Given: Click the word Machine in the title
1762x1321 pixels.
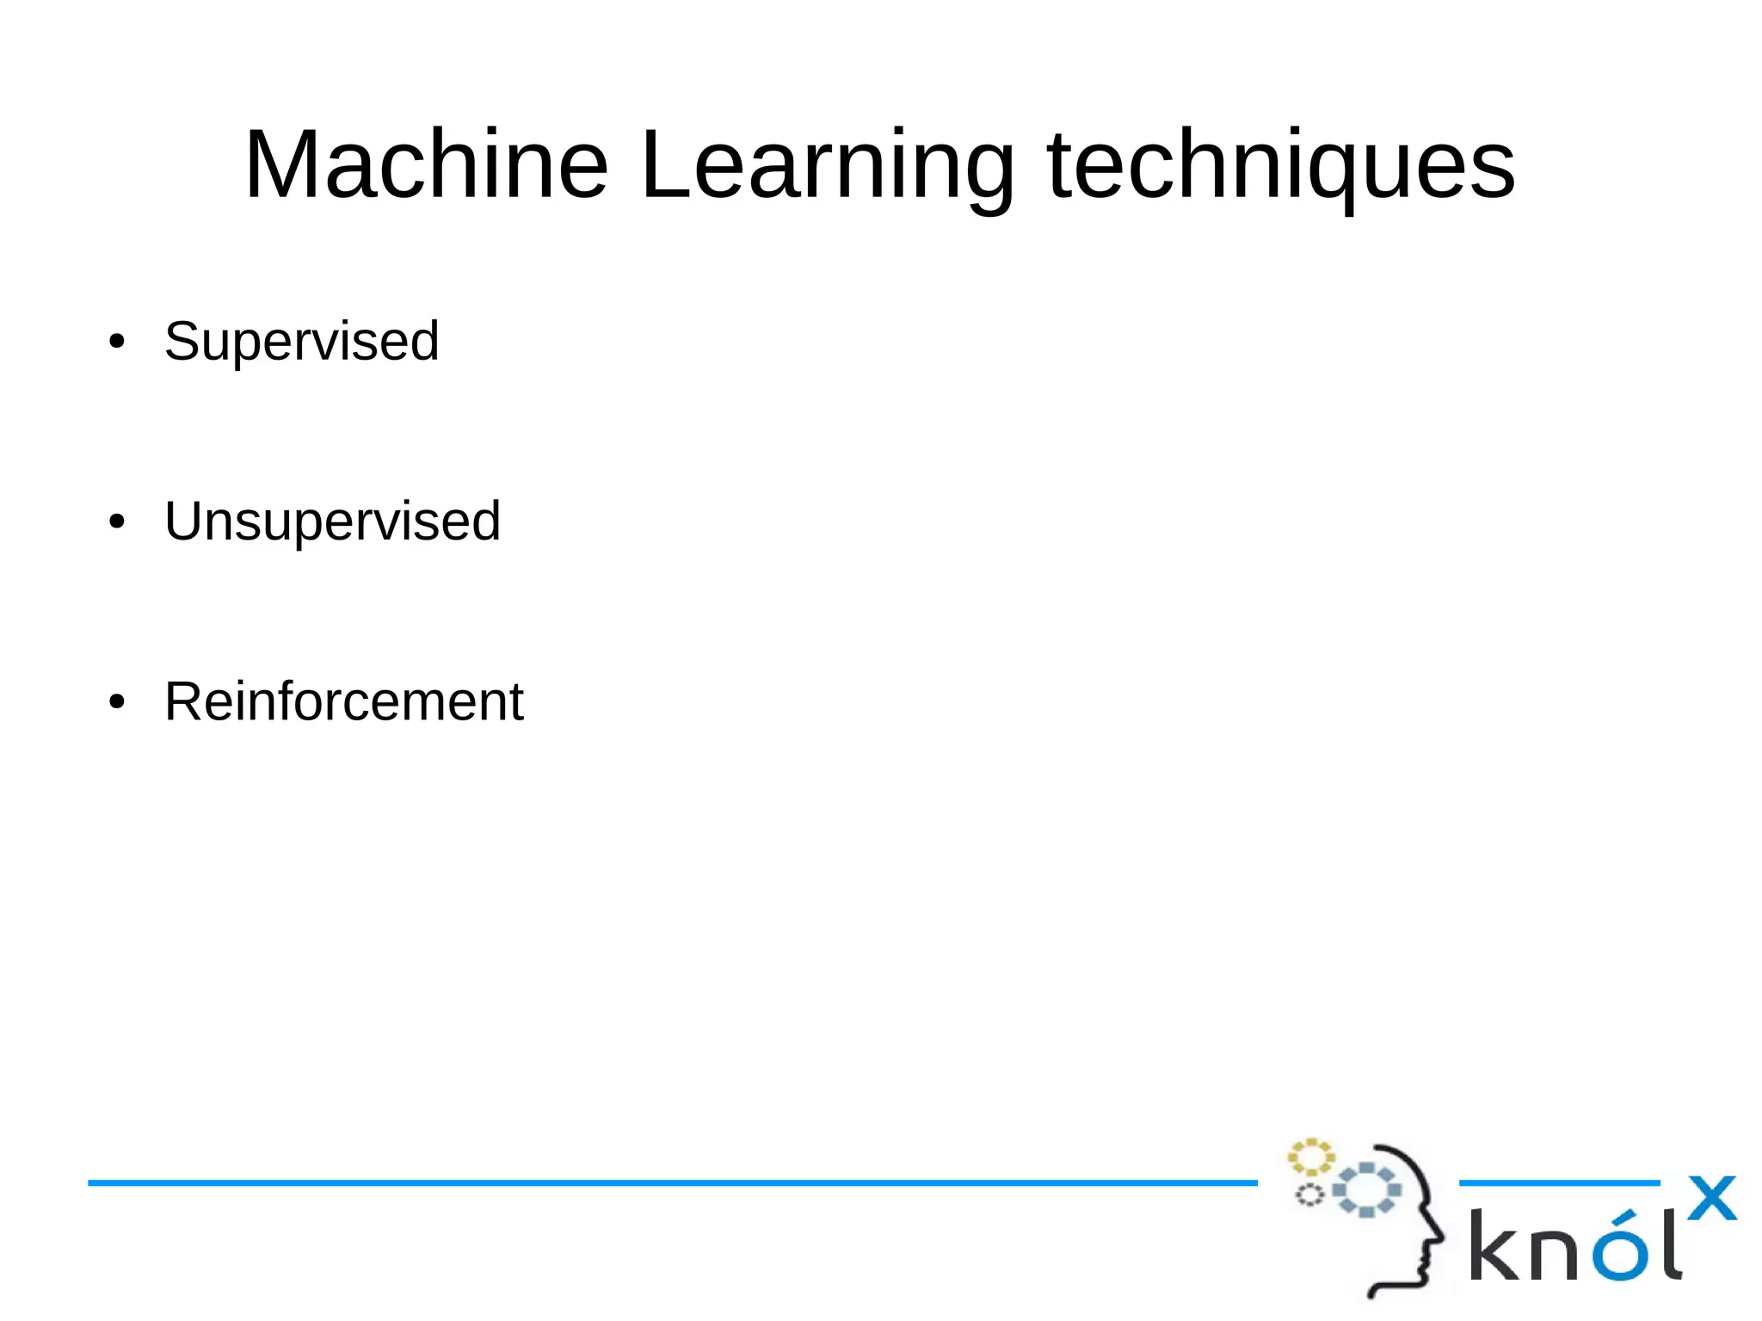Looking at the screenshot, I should pos(427,164).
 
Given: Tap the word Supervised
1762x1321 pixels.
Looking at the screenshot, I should pos(301,342).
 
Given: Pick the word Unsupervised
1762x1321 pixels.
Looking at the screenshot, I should pos(332,522).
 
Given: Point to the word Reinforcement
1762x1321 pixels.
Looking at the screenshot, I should pos(343,701).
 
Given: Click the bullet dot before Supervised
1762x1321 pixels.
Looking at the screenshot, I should pos(117,343).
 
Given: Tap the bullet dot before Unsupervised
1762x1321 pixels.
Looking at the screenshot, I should pos(117,522).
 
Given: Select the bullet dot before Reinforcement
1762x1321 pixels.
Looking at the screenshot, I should pos(117,702).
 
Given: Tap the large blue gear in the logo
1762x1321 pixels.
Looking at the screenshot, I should pos(1366,1189).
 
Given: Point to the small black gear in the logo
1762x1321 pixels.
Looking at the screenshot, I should pos(1309,1195).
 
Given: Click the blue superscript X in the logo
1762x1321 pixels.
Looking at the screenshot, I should pos(1711,1198).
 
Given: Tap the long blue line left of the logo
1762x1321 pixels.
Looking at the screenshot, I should pos(671,1183).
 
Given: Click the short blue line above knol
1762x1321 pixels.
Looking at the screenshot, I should pos(1559,1183).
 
